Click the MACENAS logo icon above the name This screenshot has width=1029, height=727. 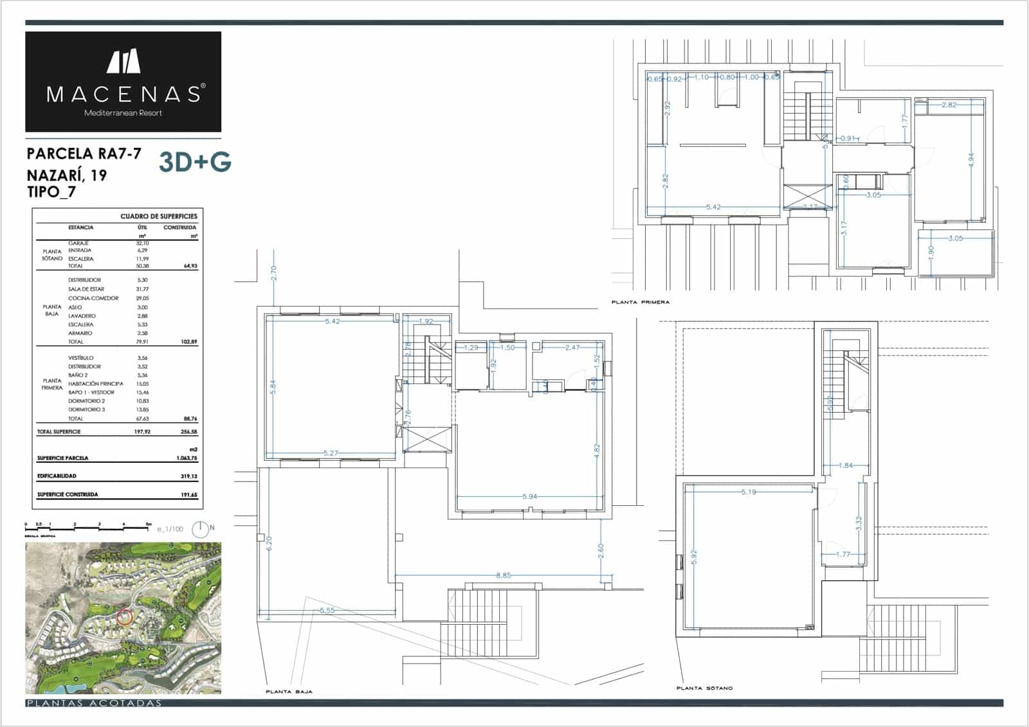123,61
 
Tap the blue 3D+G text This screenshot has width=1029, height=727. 195,163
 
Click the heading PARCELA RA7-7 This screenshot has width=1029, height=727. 84,154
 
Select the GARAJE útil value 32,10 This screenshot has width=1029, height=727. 142,243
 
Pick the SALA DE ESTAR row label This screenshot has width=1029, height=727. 86,289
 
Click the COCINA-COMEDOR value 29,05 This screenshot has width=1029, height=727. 142,298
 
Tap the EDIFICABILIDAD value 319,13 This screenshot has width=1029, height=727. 190,476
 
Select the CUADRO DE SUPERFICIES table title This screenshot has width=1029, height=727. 159,216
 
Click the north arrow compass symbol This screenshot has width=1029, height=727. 201,528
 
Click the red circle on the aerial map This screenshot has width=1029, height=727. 125,617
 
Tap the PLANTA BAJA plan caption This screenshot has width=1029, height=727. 289,692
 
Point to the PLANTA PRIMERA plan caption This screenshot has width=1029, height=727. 640,302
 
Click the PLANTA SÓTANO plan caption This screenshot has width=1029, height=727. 704,688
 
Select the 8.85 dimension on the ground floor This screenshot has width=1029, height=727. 503,575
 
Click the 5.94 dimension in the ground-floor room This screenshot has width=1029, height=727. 529,497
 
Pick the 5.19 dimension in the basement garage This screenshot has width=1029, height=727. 749,492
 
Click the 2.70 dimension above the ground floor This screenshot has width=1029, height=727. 274,273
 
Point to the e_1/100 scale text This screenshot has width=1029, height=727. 170,529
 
